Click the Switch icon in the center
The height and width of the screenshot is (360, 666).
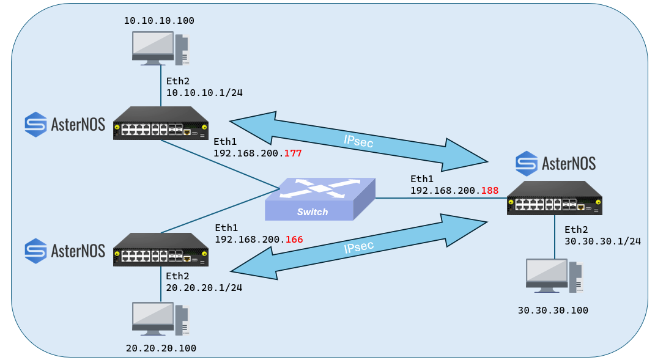320,199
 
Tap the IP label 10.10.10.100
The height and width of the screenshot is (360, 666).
159,20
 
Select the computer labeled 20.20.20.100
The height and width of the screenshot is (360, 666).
161,319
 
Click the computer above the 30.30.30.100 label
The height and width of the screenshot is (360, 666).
555,276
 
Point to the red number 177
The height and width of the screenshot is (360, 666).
293,153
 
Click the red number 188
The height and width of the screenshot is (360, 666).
490,190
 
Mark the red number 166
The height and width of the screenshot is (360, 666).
294,240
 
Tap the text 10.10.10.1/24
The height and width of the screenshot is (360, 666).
204,92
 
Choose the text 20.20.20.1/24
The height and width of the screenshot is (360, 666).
204,287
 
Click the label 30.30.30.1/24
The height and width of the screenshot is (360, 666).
603,241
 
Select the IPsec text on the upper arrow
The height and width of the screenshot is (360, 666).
358,141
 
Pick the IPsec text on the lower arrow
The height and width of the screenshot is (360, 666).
359,247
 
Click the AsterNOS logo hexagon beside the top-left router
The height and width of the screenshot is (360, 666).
35,125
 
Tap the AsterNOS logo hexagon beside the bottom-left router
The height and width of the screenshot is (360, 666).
35,251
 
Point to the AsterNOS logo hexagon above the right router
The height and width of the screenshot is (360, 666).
527,163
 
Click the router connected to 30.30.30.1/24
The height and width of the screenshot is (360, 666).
554,198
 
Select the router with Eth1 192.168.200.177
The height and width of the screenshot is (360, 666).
161,123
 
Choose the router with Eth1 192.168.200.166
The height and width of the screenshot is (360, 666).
161,249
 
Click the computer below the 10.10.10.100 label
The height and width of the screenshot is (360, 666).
161,48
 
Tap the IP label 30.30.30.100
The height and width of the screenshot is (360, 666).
553,310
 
